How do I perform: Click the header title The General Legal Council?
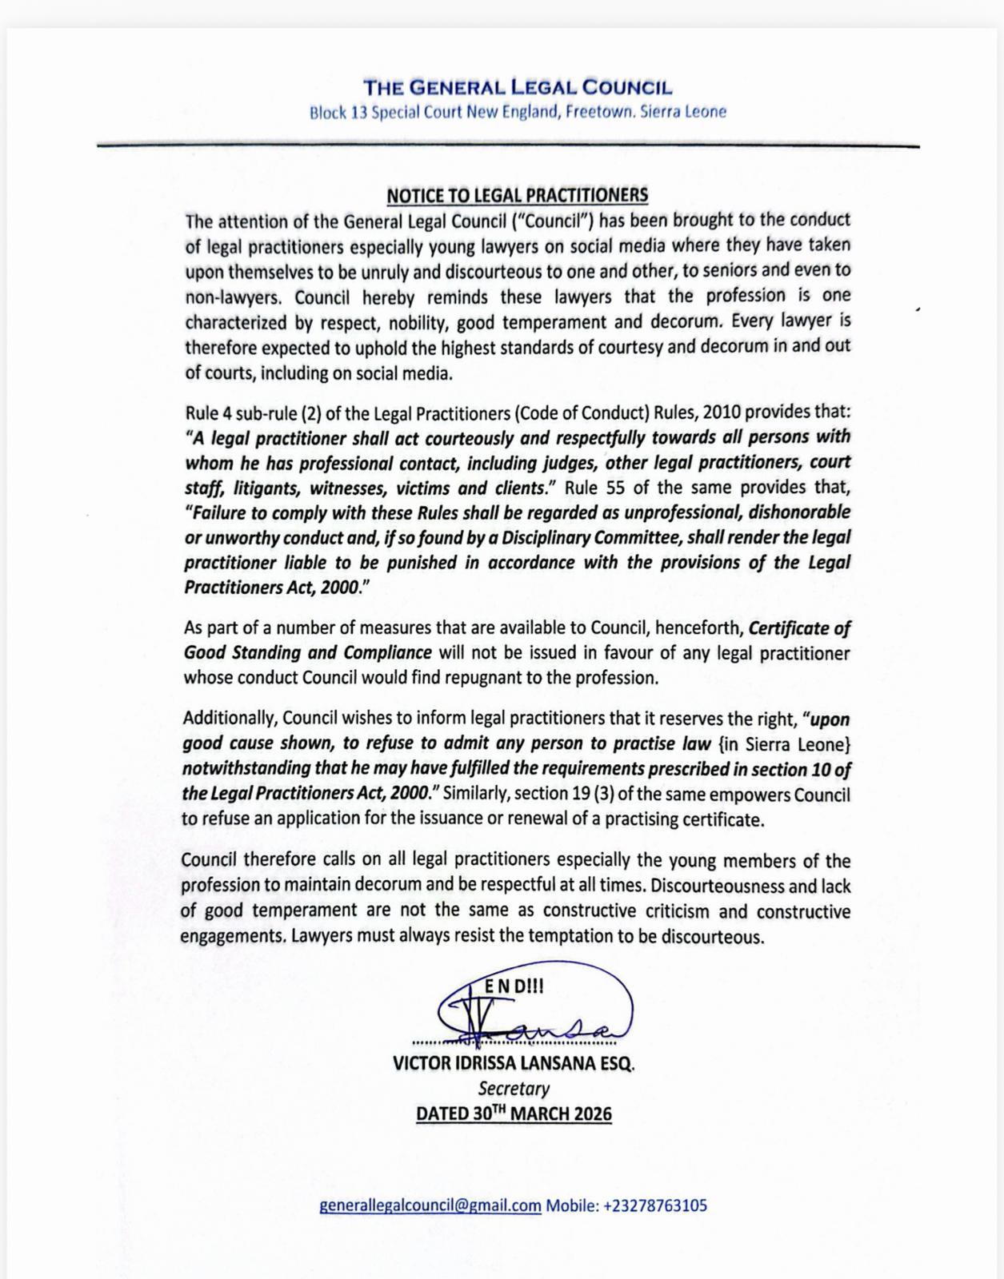coord(518,87)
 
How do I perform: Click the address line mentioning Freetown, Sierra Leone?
coord(518,112)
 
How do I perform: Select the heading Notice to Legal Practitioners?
coord(517,195)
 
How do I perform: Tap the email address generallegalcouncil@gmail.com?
coord(430,1205)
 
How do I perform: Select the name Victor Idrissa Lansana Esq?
coord(513,1064)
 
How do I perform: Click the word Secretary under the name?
coord(514,1089)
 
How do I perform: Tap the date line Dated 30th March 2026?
coord(514,1114)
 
